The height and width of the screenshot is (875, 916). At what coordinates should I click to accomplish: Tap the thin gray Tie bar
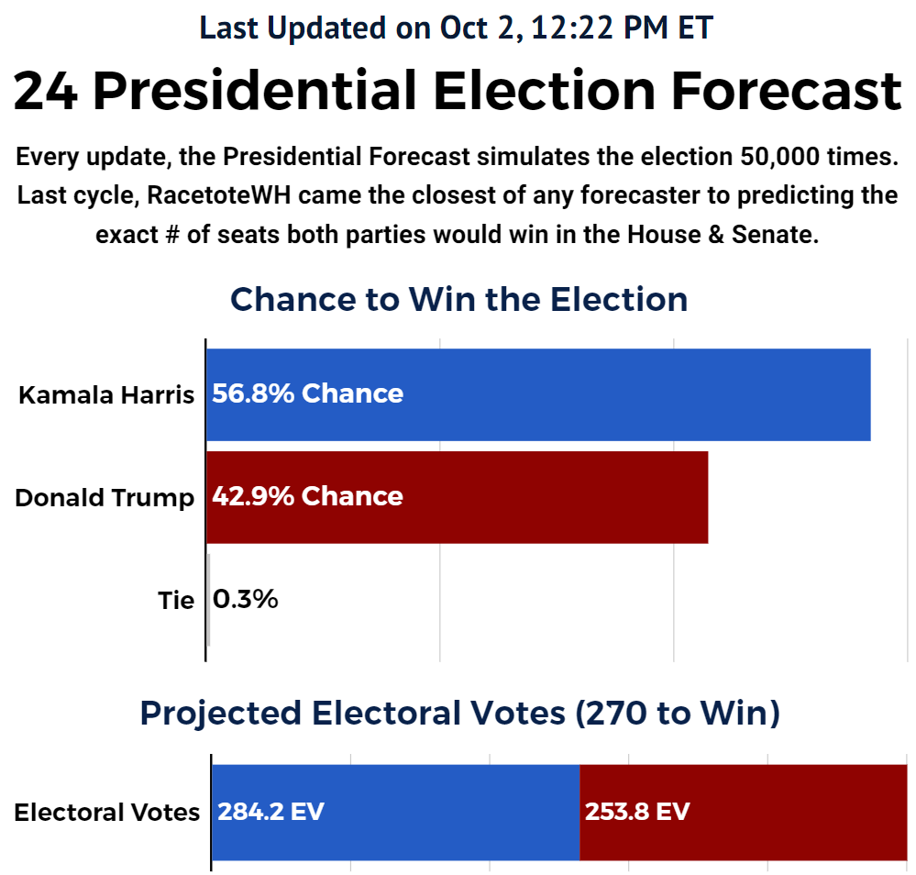click(x=208, y=600)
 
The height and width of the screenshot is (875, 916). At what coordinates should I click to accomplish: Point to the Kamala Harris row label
click(x=106, y=394)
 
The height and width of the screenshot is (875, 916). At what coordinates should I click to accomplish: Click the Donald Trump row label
click(x=105, y=497)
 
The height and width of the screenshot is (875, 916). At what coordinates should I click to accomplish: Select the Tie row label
click(x=176, y=601)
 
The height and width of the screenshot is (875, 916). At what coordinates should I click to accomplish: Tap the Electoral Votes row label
click(x=106, y=812)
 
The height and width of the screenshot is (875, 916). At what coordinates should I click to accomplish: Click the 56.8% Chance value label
click(x=307, y=393)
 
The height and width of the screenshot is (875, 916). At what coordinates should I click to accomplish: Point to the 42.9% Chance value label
click(x=307, y=496)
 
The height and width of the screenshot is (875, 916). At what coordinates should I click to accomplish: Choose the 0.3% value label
click(x=245, y=600)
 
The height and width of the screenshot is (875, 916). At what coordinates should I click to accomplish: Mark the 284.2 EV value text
click(x=270, y=812)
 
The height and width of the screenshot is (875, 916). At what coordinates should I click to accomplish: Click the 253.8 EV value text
click(x=636, y=812)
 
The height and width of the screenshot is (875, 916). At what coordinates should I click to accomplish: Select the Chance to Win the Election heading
click(x=458, y=299)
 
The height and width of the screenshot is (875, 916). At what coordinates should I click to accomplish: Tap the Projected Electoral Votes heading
click(x=459, y=713)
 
